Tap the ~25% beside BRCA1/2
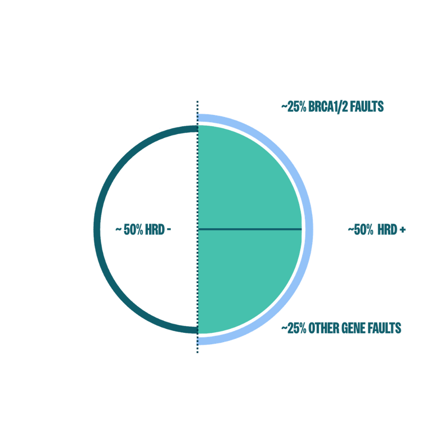click(294, 107)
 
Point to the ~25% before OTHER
click(294, 328)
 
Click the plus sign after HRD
click(403, 230)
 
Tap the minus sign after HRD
click(169, 230)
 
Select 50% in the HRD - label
click(133, 229)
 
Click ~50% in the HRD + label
click(361, 229)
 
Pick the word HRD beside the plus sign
click(387, 229)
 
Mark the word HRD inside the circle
click(155, 229)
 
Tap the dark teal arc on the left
click(97, 229)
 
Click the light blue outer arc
click(309, 229)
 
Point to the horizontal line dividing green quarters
click(250, 229)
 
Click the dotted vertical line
click(198, 227)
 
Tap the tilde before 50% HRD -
click(119, 229)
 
